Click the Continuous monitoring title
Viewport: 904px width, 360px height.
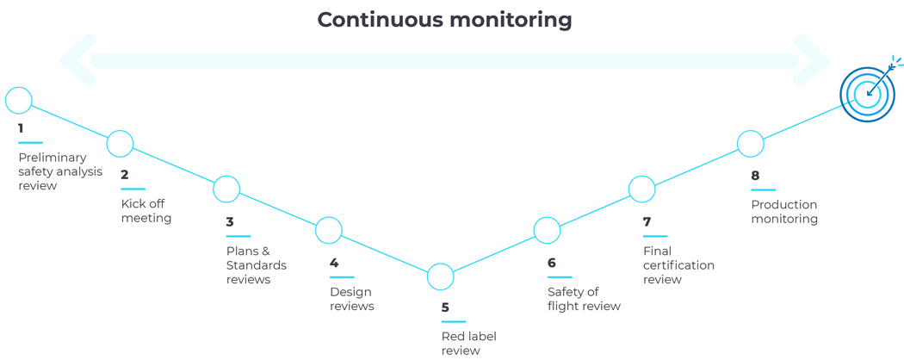pos(444,19)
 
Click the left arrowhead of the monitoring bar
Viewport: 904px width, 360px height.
pos(77,60)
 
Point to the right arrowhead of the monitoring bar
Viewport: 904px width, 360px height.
pos(811,60)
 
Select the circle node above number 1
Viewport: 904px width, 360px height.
pos(19,101)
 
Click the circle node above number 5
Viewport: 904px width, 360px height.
pos(441,277)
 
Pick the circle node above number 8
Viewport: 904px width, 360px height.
pos(751,144)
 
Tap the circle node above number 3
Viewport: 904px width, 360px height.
pos(226,189)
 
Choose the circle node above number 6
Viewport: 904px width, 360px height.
pos(547,231)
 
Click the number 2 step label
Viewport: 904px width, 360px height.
pos(125,174)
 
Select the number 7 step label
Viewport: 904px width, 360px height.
pos(647,222)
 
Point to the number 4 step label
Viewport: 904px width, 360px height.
pos(334,263)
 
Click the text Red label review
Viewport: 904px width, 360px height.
pos(468,344)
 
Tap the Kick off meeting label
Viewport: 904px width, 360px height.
pos(146,211)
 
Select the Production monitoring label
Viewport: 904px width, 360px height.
pos(784,212)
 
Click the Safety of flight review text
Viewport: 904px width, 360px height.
pos(584,299)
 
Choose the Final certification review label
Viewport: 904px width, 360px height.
pos(678,265)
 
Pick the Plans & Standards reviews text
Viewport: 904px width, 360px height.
pos(256,265)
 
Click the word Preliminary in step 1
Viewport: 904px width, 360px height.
pos(53,158)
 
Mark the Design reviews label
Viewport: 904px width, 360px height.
pos(351,299)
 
